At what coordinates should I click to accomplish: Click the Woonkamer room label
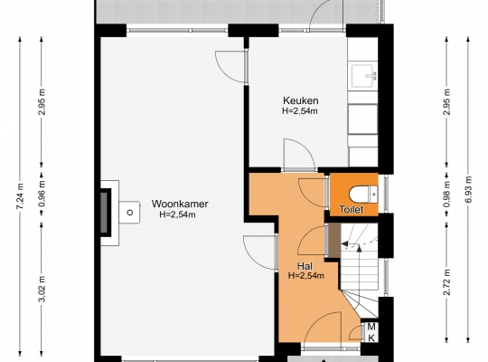click(x=180, y=204)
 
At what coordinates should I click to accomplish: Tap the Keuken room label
click(x=301, y=100)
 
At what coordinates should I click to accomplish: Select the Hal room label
click(x=305, y=266)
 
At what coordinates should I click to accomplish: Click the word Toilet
click(x=352, y=209)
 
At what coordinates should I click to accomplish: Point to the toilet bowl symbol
click(x=363, y=195)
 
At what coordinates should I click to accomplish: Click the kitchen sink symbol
click(x=363, y=76)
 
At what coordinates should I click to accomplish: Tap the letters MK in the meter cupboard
click(x=371, y=332)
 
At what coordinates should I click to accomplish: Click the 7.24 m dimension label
click(x=20, y=196)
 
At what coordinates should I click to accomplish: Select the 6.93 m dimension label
click(x=469, y=190)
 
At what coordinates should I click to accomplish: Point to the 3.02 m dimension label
click(x=42, y=289)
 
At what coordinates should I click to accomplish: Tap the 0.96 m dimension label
click(x=42, y=193)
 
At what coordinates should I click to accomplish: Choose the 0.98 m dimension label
click(x=447, y=194)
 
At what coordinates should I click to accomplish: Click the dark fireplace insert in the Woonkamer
click(x=105, y=213)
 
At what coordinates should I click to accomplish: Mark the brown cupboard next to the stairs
click(x=334, y=240)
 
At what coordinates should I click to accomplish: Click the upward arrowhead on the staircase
click(x=359, y=248)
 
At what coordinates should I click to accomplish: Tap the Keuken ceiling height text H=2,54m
click(x=300, y=111)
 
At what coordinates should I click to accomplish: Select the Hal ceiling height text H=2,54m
click(x=306, y=276)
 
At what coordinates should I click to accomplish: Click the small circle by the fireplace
click(x=130, y=213)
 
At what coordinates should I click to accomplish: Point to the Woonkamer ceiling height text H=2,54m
click(x=178, y=214)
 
